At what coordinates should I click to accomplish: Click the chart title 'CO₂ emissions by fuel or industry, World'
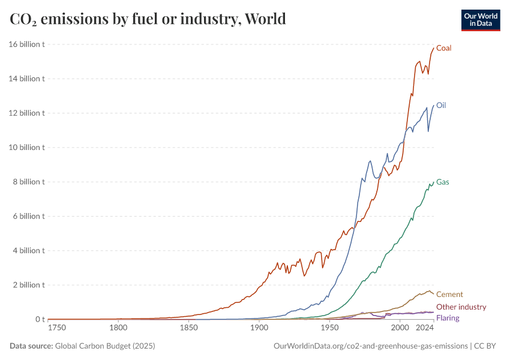coord(148,19)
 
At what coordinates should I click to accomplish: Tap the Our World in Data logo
coord(480,19)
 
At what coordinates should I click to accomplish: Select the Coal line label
coord(444,48)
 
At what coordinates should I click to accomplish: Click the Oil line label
coord(441,105)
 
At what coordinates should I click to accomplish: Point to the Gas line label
coord(443,182)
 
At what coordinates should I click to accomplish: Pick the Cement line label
coord(449,294)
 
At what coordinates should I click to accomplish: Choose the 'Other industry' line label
coord(461,307)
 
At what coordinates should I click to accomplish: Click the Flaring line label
coord(448,317)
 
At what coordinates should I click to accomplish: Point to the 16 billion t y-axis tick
coord(27,44)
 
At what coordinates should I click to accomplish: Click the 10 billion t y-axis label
coord(27,148)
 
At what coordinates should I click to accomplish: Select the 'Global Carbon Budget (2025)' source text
coord(106,346)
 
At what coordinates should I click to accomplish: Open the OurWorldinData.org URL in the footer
coord(370,346)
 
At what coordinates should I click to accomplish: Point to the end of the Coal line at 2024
coord(433,48)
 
